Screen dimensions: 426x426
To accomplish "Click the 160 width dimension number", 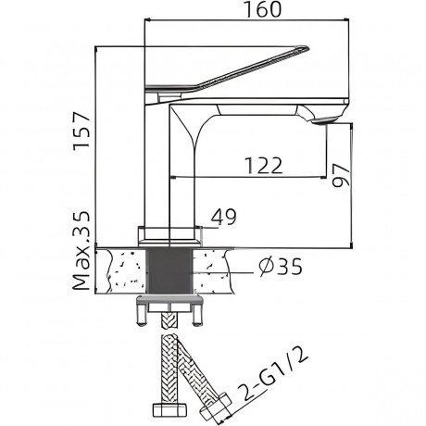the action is click(x=263, y=9).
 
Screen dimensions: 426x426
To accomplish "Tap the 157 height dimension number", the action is click(x=81, y=132).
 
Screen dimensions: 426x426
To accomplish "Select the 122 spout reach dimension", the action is click(x=263, y=166).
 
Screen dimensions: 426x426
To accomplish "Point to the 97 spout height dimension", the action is click(x=341, y=176).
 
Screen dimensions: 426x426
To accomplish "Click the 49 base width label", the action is click(x=224, y=217).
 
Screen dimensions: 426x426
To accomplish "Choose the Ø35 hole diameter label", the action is click(x=281, y=267).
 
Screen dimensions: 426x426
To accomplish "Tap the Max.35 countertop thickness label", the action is click(x=81, y=251).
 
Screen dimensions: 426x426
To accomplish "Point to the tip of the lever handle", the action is click(x=307, y=47).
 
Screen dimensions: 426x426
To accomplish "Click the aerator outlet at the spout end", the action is click(x=325, y=120).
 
